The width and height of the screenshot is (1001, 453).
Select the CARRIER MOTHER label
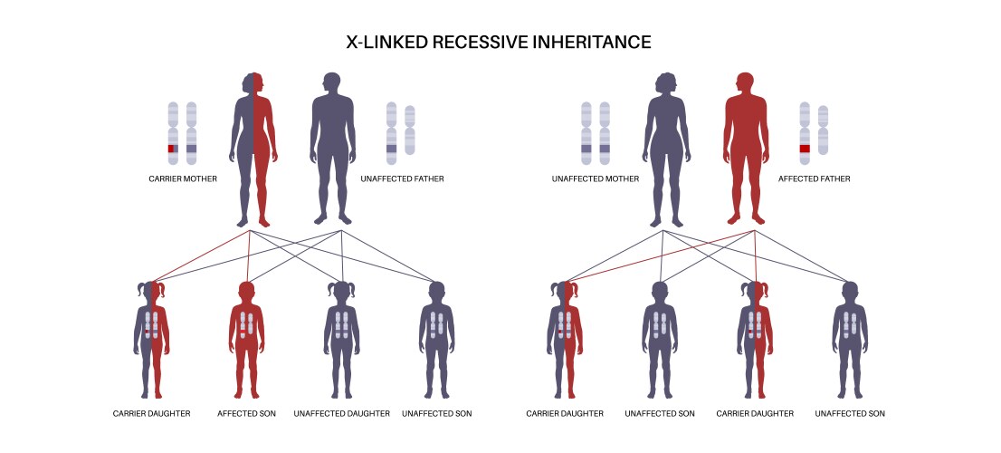coord(183,178)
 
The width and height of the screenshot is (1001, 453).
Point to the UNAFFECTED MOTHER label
coord(595,178)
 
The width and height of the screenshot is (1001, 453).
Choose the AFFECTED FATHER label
coord(814,178)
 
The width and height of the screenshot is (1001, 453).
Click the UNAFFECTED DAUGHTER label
coord(341,413)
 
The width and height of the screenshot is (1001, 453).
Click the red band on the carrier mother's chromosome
coord(172,148)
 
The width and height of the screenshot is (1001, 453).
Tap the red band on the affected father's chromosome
coord(805,148)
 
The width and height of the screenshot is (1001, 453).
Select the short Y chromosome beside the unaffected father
coord(410,130)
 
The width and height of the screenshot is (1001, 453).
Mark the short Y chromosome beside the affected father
coord(823,130)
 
